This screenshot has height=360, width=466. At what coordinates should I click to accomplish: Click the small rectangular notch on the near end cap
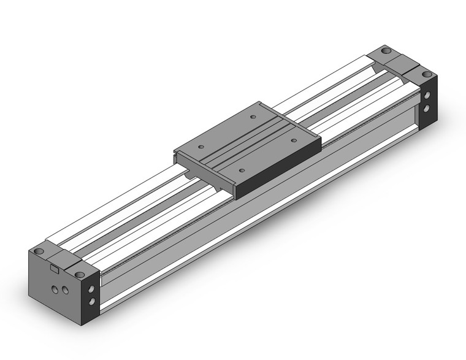click(53, 267)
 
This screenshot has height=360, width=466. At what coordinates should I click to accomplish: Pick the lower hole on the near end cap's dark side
click(92, 301)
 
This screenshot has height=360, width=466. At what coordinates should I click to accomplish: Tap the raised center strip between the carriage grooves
click(248, 142)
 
